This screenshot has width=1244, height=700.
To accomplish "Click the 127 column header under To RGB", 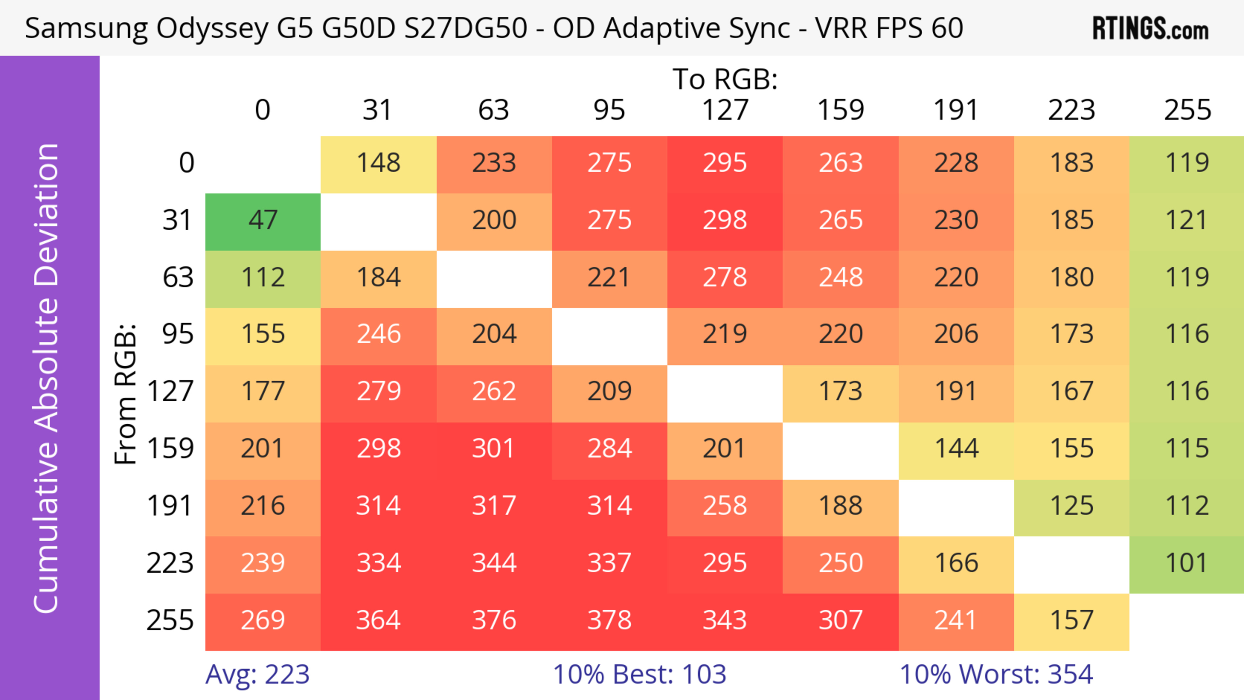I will (725, 110).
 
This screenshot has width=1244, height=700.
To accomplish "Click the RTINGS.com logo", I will (1150, 29).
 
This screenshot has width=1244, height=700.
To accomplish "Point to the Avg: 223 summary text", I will (258, 674).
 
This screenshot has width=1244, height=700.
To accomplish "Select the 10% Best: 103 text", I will (639, 674).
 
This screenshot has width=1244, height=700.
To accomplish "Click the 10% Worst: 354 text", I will (996, 674).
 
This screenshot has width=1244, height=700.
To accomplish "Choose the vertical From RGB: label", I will (126, 394).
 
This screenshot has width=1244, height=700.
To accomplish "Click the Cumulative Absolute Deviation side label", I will (47, 378).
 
